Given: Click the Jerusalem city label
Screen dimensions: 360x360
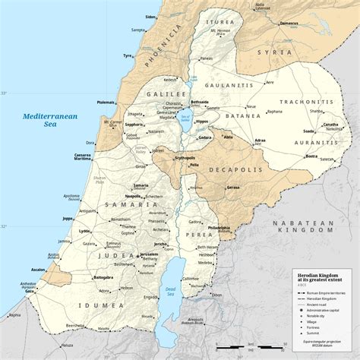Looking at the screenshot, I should [x=150, y=254].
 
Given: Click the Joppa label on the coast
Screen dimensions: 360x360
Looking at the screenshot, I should [x=68, y=218].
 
